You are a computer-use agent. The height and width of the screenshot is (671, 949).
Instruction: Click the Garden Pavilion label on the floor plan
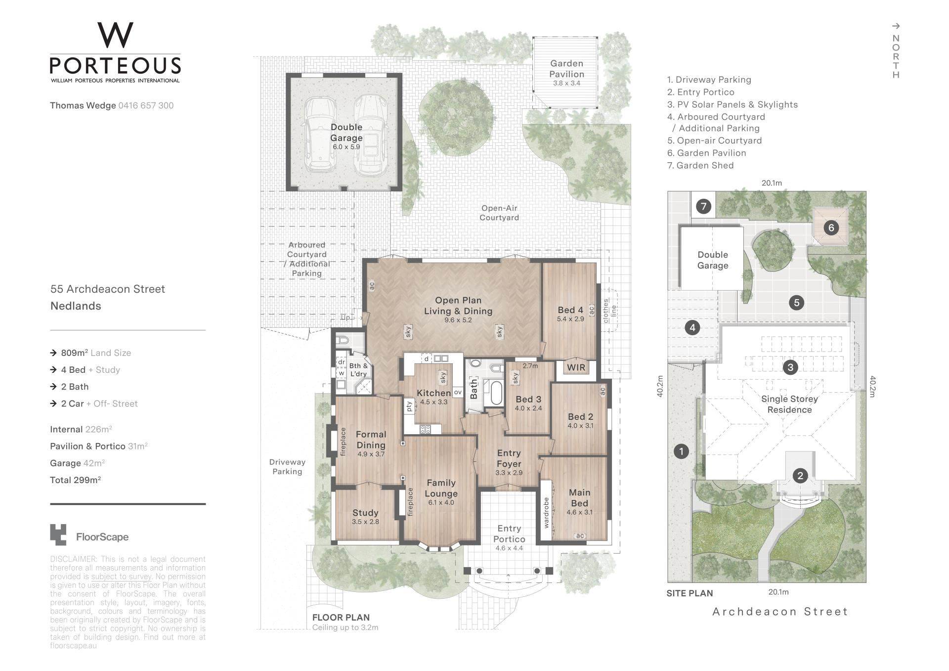[567, 69]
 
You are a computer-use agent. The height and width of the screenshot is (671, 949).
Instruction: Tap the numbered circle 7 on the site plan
[704, 206]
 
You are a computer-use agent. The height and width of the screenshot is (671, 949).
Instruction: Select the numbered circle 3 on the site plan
[790, 367]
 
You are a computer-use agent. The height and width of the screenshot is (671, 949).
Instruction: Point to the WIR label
[576, 367]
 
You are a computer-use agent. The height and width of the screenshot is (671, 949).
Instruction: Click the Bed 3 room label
[528, 399]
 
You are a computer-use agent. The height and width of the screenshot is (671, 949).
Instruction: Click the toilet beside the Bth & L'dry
[342, 340]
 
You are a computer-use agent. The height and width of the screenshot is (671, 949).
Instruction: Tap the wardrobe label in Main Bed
[547, 513]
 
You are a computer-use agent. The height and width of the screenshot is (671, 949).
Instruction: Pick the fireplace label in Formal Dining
[343, 442]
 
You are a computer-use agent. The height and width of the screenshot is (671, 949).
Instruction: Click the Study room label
[365, 513]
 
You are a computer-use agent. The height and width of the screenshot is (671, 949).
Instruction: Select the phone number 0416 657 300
[146, 105]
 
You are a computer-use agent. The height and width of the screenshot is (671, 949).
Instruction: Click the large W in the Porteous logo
[115, 35]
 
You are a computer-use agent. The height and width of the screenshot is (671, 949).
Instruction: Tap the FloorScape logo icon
[58, 535]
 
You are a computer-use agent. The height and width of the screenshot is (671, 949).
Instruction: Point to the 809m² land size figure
[75, 353]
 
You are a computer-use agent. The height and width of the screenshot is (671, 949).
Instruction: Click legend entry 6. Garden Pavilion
[706, 153]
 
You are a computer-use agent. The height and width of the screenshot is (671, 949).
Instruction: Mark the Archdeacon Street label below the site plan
[780, 612]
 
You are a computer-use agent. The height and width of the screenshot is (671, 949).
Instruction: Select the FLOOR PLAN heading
[341, 617]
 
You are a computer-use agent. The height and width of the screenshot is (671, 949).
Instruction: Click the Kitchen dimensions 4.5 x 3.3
[433, 402]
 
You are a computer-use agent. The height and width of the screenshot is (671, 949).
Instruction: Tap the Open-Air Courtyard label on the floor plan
[499, 213]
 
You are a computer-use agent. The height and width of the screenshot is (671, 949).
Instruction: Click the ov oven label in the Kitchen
[458, 392]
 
